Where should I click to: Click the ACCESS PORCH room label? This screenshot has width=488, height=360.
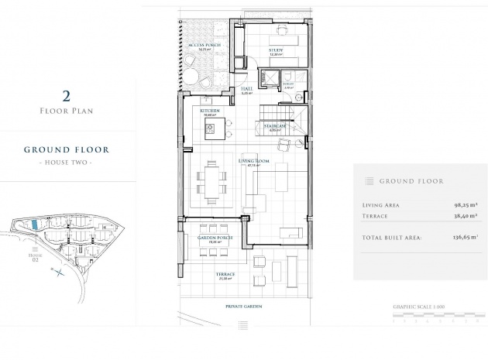(204, 46)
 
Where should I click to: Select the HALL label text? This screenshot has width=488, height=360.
(247, 90)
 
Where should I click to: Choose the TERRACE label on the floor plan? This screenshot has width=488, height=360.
(226, 276)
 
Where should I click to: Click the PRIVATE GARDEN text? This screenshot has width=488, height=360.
(243, 307)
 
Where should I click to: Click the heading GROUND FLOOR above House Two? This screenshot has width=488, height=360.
(66, 149)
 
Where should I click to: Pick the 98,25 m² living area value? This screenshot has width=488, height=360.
(466, 205)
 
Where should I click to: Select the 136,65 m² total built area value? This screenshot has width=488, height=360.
(463, 238)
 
